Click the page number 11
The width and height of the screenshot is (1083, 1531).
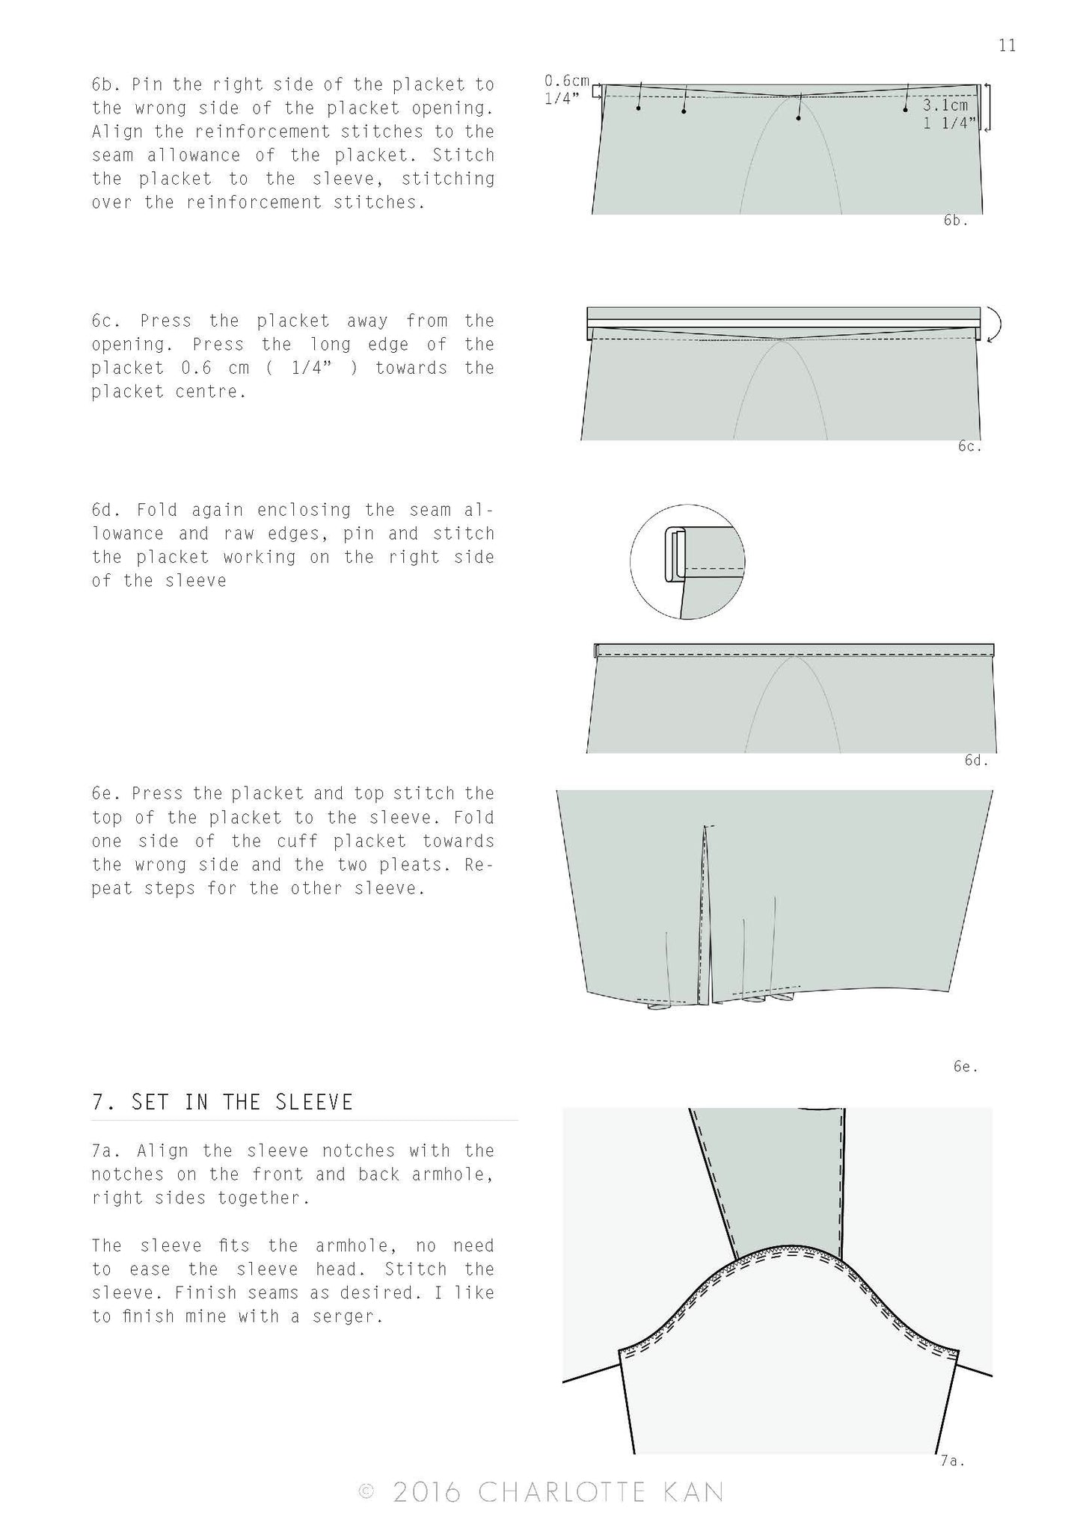point(1007,46)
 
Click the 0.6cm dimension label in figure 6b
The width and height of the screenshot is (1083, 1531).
point(566,81)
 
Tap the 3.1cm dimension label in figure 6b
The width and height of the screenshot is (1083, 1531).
point(945,105)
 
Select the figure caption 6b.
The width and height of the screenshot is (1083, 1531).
point(955,221)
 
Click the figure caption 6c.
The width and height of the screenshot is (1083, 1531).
point(969,446)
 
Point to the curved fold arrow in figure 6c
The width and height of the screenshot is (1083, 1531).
point(995,324)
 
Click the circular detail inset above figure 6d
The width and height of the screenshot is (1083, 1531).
point(687,561)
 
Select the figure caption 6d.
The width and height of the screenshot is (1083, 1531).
point(976,760)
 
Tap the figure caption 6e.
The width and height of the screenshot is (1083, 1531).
point(965,1067)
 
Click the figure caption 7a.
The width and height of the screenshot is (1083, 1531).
point(951,1460)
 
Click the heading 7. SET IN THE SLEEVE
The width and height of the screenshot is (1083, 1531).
point(222,1102)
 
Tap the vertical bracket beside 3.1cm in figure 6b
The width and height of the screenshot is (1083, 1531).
point(988,108)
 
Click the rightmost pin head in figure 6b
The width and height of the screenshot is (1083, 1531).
point(905,109)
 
